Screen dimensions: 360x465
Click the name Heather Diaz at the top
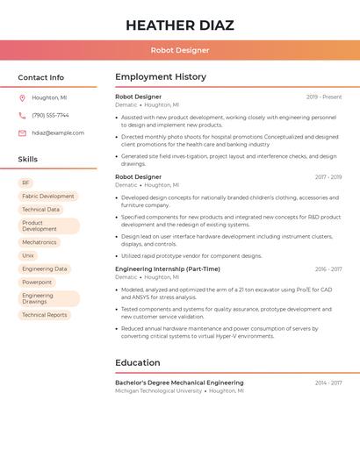pos(179,25)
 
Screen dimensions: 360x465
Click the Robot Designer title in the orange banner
pos(179,51)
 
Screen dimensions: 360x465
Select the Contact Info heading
pos(41,77)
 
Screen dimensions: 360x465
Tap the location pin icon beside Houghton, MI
pos(22,98)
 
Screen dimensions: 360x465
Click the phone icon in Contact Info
pos(22,116)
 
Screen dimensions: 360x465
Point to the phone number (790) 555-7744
pos(50,116)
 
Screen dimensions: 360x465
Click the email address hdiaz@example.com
pos(58,133)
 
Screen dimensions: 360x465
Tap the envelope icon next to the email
pos(22,133)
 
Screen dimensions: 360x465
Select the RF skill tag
pos(25,182)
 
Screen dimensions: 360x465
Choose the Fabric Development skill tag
pos(47,197)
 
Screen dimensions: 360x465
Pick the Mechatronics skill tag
pos(39,242)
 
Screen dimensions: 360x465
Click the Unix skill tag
pos(28,255)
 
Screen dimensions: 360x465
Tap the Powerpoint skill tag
pos(37,283)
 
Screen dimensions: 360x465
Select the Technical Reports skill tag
pos(44,315)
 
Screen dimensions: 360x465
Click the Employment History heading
pos(161,77)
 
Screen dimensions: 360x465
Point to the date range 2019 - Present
pos(324,97)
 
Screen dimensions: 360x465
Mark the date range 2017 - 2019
pos(328,177)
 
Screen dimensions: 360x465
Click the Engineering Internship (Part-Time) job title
pos(168,269)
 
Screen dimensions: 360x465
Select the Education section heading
pos(138,362)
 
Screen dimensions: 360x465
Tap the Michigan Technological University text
pos(158,391)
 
